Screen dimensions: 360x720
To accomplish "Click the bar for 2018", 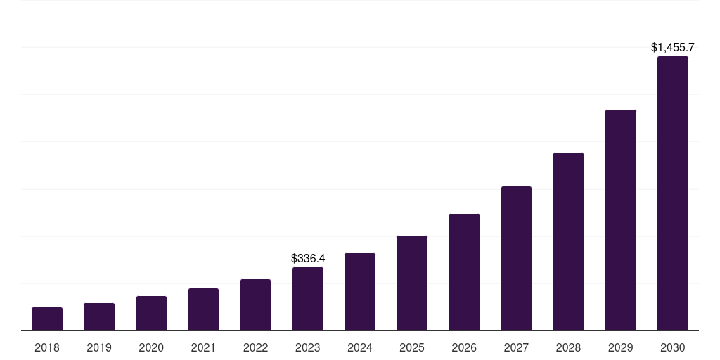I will [x=47, y=319].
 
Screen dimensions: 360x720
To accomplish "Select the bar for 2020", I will [x=151, y=314].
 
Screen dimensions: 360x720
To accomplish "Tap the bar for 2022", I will [x=255, y=305].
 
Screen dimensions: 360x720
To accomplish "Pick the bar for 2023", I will [x=308, y=299].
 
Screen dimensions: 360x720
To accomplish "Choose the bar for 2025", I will [x=412, y=283].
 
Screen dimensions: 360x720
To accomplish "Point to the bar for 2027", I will [x=516, y=259].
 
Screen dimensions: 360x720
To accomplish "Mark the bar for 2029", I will [x=621, y=220].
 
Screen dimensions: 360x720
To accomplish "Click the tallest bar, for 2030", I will [x=673, y=193].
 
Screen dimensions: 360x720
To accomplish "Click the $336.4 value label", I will [x=308, y=259].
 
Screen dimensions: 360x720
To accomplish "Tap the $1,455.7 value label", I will [x=673, y=48].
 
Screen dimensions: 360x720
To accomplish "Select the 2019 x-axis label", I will [x=99, y=347].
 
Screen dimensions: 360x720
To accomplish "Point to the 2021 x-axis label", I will [x=203, y=347].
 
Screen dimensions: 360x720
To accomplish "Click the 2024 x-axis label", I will [x=360, y=347].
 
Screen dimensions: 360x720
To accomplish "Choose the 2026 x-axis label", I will [x=464, y=347].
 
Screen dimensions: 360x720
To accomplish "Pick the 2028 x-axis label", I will [x=568, y=347].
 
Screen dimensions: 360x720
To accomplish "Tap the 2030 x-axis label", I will [x=673, y=347].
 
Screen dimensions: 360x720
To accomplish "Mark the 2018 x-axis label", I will [x=47, y=347].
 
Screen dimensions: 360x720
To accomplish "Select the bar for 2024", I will [x=360, y=292].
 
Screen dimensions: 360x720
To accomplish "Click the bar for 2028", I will [x=568, y=242].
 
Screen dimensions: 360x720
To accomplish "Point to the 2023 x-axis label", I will [x=308, y=347].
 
